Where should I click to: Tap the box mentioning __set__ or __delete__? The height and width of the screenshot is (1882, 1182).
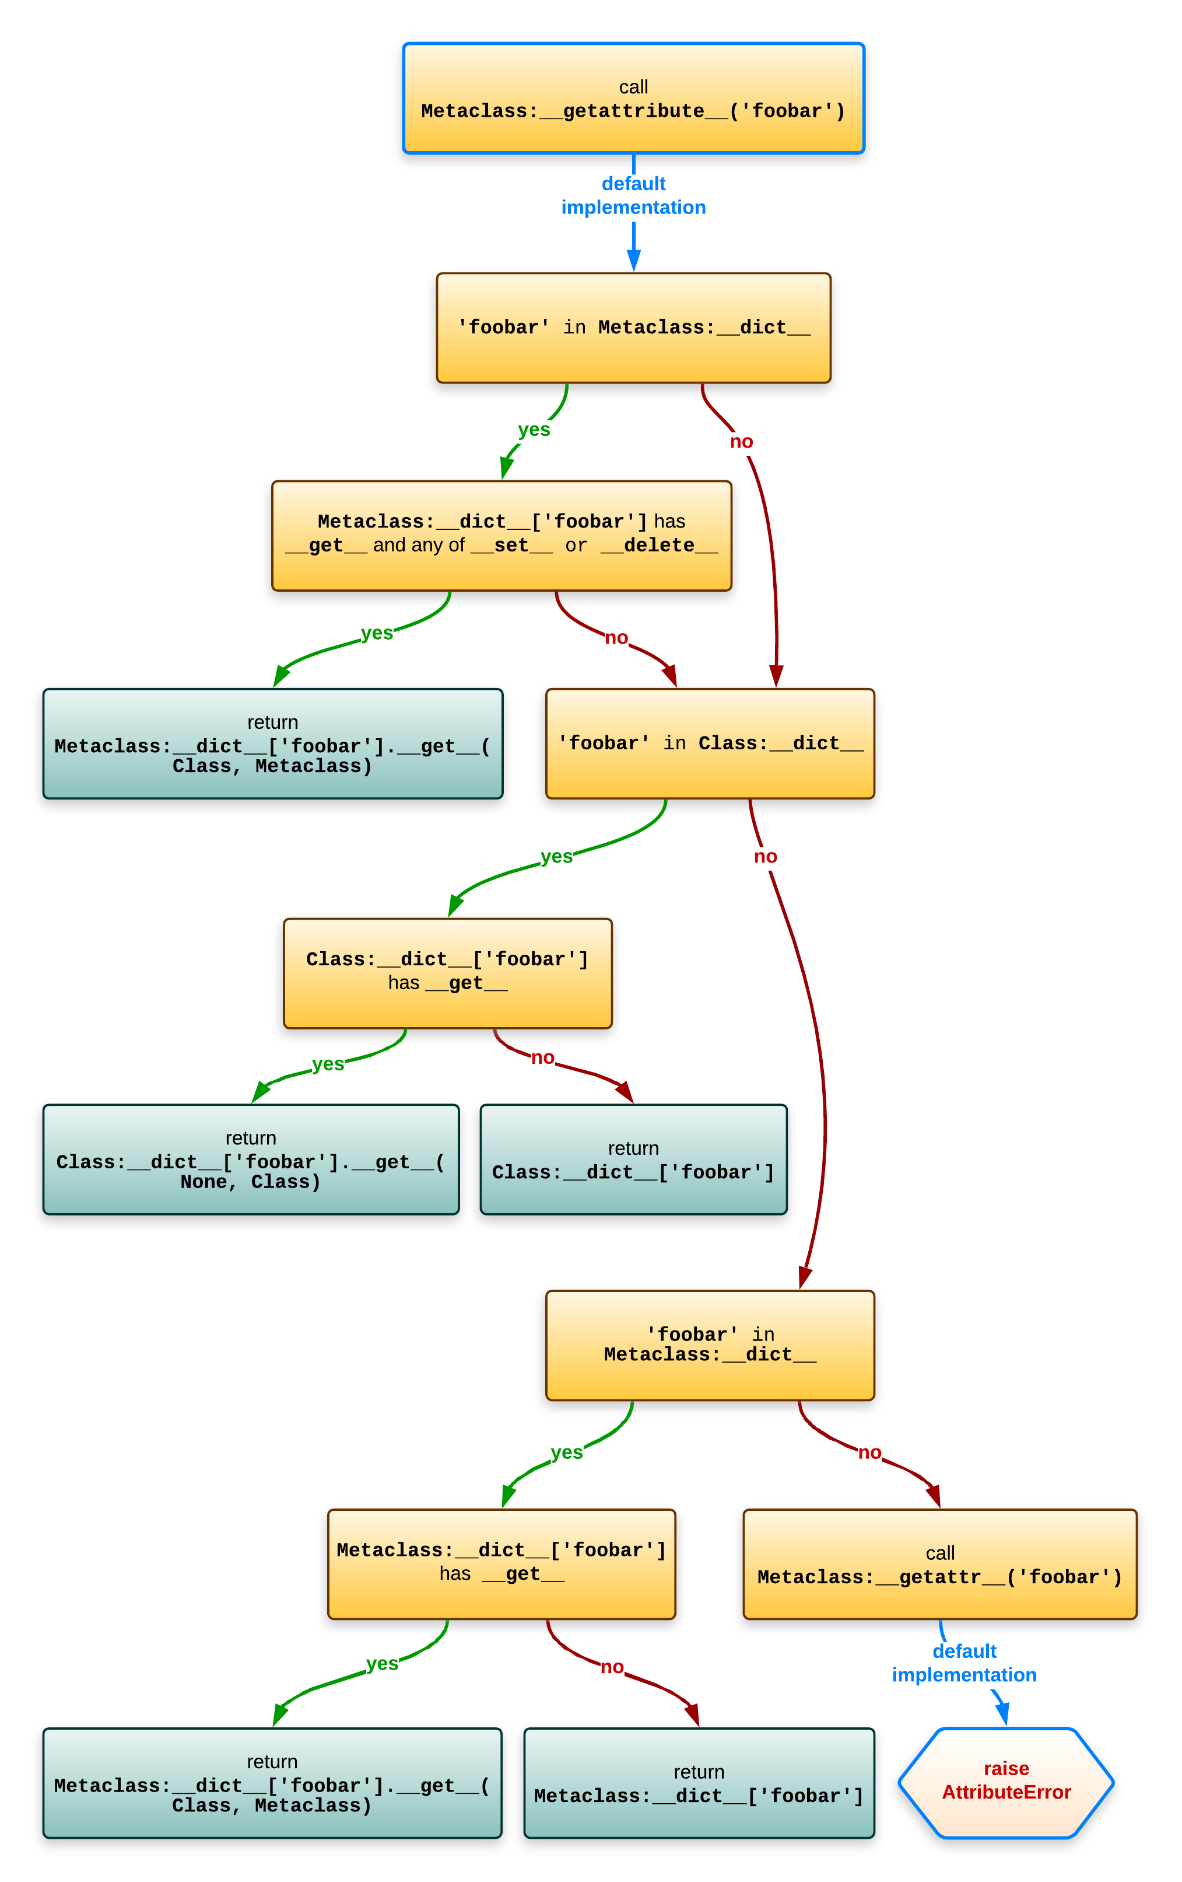point(501,535)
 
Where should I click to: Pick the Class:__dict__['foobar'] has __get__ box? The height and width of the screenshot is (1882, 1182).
point(447,972)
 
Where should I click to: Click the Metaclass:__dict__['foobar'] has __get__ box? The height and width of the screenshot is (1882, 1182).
point(501,1563)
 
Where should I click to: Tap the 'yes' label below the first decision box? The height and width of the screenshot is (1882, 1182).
point(534,430)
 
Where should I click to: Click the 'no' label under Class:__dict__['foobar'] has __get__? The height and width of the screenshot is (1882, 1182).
point(543,1058)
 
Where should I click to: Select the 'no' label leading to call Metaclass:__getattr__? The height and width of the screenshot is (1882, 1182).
point(869,1453)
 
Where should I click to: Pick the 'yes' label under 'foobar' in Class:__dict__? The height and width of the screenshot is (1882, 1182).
point(556,857)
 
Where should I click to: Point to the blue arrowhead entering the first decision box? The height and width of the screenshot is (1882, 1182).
point(634,260)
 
